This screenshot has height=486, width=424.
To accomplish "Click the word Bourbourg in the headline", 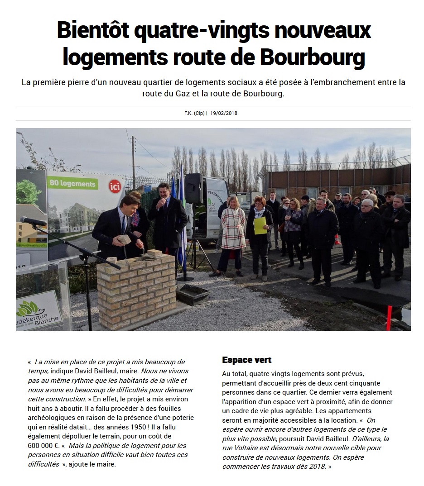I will point(313,57).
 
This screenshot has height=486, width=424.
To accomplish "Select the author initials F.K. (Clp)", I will point(194,113).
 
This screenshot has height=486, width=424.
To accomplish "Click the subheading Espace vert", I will point(246,360).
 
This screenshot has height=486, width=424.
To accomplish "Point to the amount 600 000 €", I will point(43,445).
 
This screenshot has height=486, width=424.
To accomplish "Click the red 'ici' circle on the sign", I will point(115,186).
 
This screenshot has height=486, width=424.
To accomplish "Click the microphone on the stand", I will point(33,221).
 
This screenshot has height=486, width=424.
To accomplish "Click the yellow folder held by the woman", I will point(260,225).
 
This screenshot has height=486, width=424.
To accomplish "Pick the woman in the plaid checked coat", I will point(233,233).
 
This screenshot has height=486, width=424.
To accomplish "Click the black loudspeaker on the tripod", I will point(193,188).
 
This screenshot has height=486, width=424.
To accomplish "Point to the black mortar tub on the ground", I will point(193,294).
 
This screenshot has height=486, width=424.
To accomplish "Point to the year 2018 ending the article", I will point(317,467).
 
